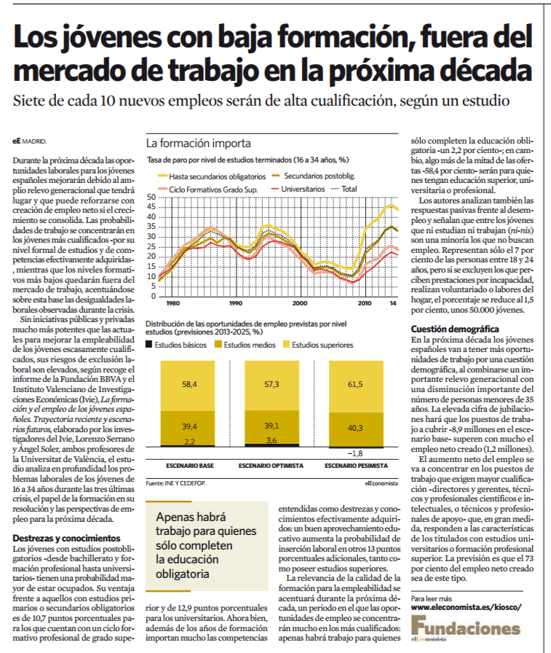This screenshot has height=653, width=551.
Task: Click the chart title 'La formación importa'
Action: pos(198,143)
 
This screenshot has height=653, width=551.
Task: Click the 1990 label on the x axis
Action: pos(235,302)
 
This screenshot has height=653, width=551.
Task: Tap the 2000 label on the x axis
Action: pos(299,302)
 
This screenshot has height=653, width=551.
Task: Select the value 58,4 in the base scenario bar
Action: pos(189,384)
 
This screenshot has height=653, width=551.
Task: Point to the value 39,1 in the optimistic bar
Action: pos(272,426)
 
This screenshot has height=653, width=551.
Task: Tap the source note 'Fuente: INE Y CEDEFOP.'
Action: pos(175,483)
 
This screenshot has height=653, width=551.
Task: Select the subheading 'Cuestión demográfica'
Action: pos(454,329)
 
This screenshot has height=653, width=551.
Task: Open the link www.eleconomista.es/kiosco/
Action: pos(467,606)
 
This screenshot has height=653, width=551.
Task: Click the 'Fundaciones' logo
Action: pos(466,627)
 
